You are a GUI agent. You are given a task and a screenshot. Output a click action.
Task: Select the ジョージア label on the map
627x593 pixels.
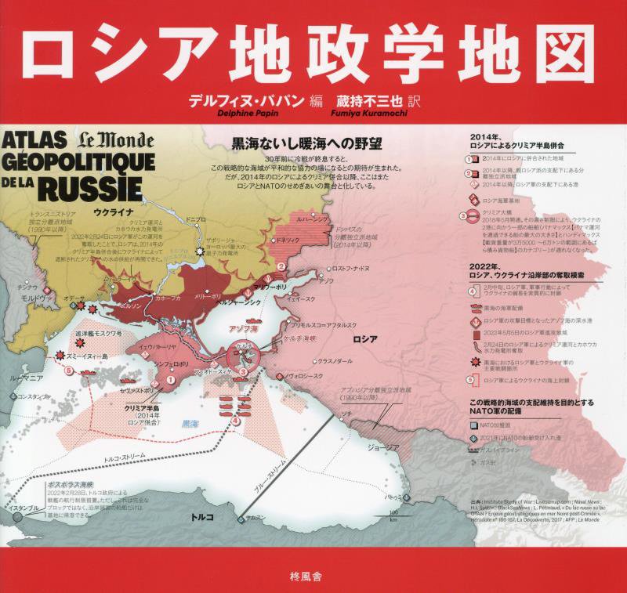point(383,447)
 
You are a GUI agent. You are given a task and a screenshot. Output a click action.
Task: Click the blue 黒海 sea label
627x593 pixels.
point(190,424)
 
